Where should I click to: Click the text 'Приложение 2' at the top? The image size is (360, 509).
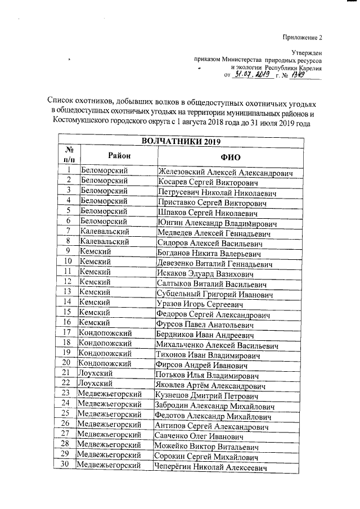point(303,38)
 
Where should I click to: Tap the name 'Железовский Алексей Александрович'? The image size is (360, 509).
point(225,172)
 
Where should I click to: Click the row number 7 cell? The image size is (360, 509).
point(67,232)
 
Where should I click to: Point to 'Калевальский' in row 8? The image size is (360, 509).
point(105,242)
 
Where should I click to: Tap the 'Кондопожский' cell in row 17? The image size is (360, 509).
point(105,333)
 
